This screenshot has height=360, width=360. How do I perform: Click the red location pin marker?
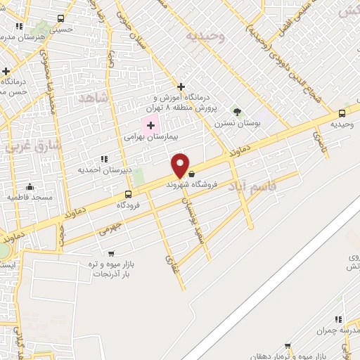point(181,165)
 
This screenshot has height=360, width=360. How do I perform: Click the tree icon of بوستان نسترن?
point(237,111)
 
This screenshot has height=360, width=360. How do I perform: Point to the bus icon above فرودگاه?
point(128,194)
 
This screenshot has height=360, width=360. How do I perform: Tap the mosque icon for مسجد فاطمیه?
point(30,187)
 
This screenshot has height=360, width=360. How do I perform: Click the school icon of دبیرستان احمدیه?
point(105,160)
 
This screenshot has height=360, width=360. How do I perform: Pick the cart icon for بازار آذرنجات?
point(110,253)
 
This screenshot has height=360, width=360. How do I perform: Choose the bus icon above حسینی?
point(60,19)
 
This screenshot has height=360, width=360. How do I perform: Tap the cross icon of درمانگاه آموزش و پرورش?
point(181,86)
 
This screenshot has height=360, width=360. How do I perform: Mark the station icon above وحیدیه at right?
point(342,113)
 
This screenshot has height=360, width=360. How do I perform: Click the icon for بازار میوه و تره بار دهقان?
point(288,346)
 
